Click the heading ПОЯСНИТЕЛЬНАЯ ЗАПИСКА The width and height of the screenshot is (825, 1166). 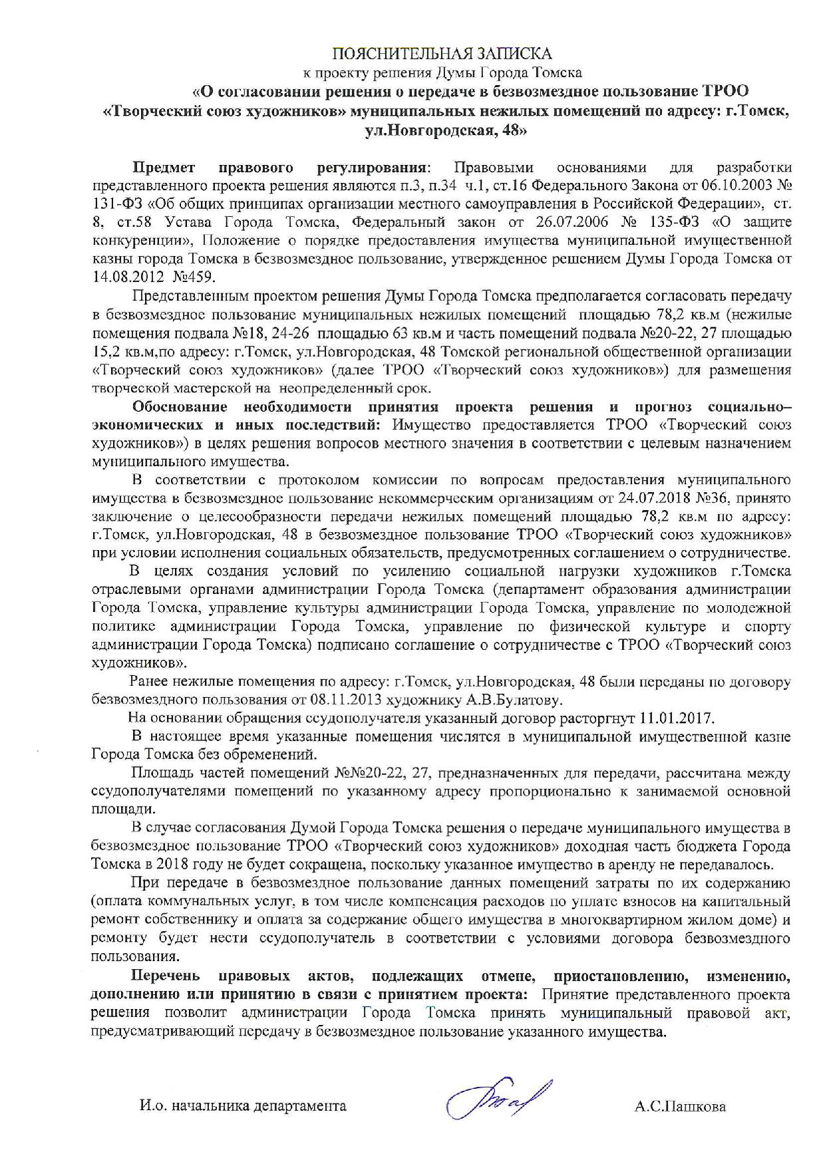pos(442,53)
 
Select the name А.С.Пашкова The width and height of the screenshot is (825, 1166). pos(680,1107)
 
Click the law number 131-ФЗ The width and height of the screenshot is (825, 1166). pos(113,202)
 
